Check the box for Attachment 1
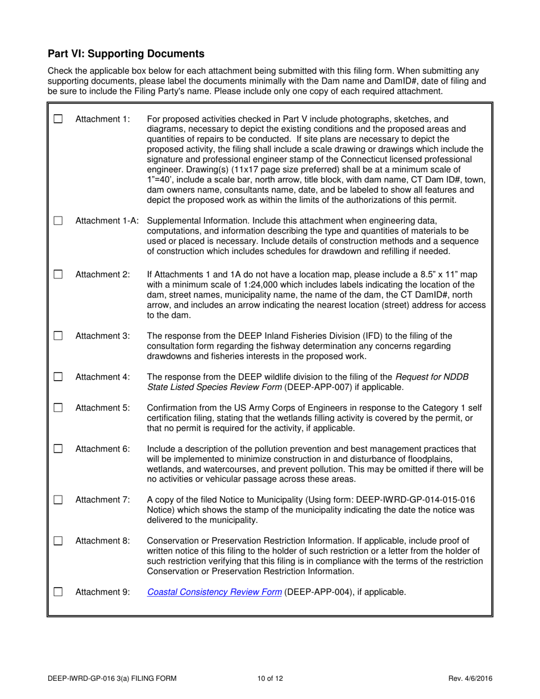pyautogui.click(x=58, y=119)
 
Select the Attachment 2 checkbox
pyautogui.click(x=58, y=274)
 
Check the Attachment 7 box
pyautogui.click(x=58, y=500)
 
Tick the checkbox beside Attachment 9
pyautogui.click(x=58, y=592)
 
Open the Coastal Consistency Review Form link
pyautogui.click(x=214, y=592)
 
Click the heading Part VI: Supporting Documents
pyautogui.click(x=126, y=54)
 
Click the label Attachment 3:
pyautogui.click(x=103, y=335)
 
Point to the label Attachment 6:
pyautogui.click(x=103, y=449)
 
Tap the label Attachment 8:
pyautogui.click(x=103, y=540)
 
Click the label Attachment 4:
pyautogui.click(x=103, y=376)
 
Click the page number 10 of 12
pyautogui.click(x=270, y=678)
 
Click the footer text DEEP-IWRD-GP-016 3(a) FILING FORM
pyautogui.click(x=112, y=678)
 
